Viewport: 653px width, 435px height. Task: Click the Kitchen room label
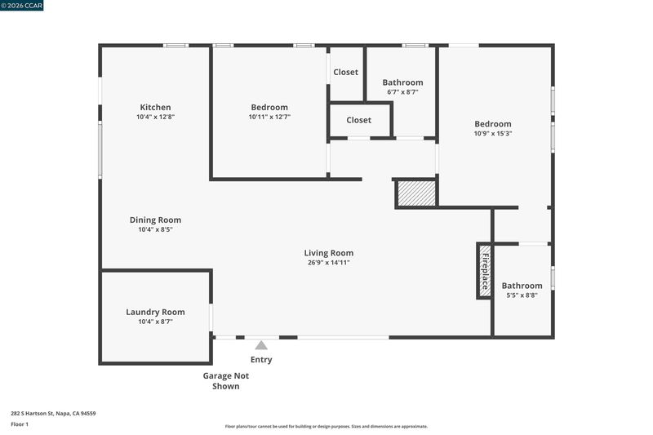coord(155,107)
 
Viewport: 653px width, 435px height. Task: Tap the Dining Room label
coord(155,220)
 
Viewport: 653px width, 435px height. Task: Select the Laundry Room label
coord(155,312)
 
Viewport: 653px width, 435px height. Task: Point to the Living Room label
coord(329,253)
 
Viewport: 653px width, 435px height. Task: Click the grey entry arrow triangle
coord(261,345)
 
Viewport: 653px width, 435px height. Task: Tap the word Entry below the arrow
coord(261,359)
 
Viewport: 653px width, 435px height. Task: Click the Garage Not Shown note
coord(226,381)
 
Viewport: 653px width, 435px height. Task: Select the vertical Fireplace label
coord(485,272)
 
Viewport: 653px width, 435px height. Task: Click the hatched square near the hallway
coord(416,193)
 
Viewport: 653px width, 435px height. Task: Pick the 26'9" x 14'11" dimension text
coord(329,263)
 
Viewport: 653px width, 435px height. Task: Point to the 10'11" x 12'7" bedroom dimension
coord(269,117)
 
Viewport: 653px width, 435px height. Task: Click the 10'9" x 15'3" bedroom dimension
coord(493,134)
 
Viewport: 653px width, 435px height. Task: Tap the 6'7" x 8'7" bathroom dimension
coord(402,92)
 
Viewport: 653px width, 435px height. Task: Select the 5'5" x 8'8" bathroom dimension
coord(522,295)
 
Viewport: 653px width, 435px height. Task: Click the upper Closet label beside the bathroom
coord(345,72)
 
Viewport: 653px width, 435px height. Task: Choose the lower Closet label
coord(358,120)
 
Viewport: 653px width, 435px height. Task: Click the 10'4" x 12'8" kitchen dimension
coord(155,117)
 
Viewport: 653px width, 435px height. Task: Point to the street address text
coord(53,413)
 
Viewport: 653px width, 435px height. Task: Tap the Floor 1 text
coord(20,424)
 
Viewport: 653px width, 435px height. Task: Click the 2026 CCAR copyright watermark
coord(22,6)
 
